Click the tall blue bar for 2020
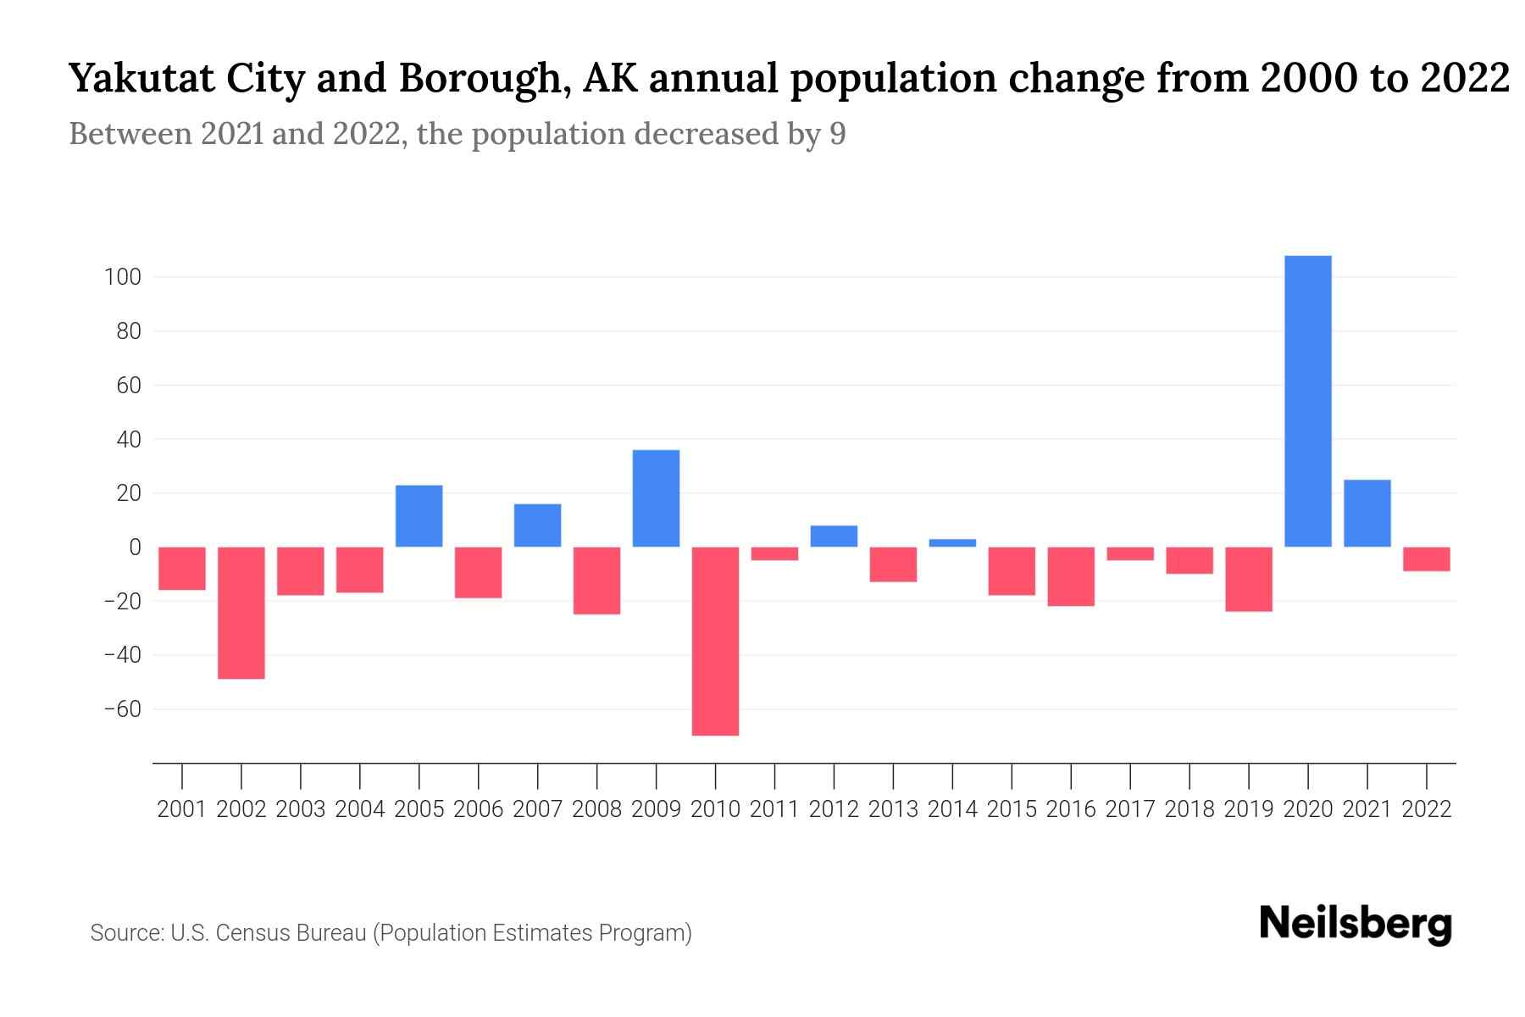pos(1307,401)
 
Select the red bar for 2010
pos(715,641)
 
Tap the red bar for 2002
pos(241,613)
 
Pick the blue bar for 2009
pos(656,498)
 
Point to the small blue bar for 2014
pos(952,543)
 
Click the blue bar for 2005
pos(419,516)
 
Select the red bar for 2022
pos(1426,559)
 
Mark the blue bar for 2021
pos(1367,514)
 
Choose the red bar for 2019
pos(1248,579)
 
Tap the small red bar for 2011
pos(774,553)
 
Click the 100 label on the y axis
pos(122,277)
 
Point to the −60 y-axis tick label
pos(122,709)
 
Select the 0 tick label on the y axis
pos(134,547)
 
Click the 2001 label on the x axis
pos(182,809)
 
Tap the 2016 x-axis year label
pos(1071,809)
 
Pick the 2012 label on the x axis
pos(834,809)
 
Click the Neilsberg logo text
pos(1355,924)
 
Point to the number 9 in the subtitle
pos(837,134)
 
